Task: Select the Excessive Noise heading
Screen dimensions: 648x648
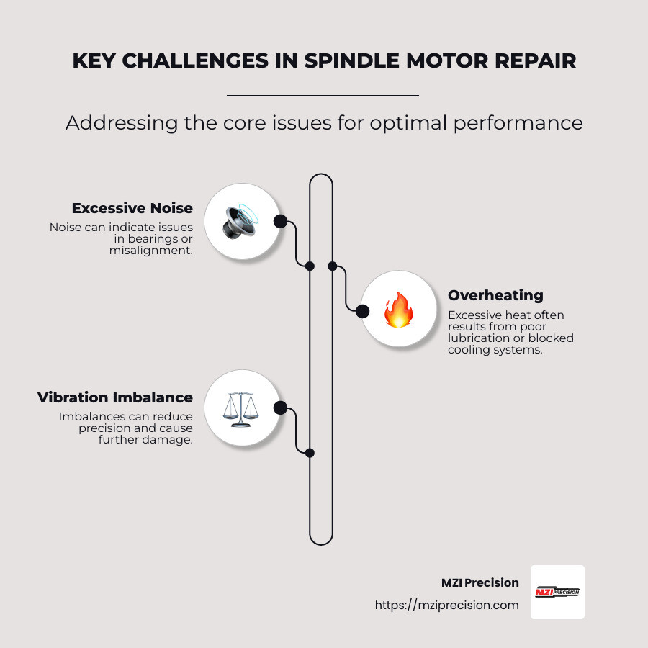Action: [x=132, y=209]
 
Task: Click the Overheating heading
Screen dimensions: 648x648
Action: [x=495, y=295]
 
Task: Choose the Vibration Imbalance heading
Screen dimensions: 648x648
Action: [x=115, y=397]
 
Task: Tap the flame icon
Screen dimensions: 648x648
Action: [x=397, y=310]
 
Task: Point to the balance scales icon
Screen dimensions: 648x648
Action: [x=240, y=409]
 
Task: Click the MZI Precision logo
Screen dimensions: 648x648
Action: [x=557, y=592]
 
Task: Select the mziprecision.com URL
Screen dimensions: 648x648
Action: [x=446, y=606]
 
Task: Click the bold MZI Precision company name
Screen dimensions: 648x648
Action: [x=480, y=582]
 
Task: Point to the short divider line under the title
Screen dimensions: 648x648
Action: [x=323, y=95]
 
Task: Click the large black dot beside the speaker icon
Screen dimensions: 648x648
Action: [x=280, y=221]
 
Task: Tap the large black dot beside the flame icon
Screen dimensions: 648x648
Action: [x=363, y=311]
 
